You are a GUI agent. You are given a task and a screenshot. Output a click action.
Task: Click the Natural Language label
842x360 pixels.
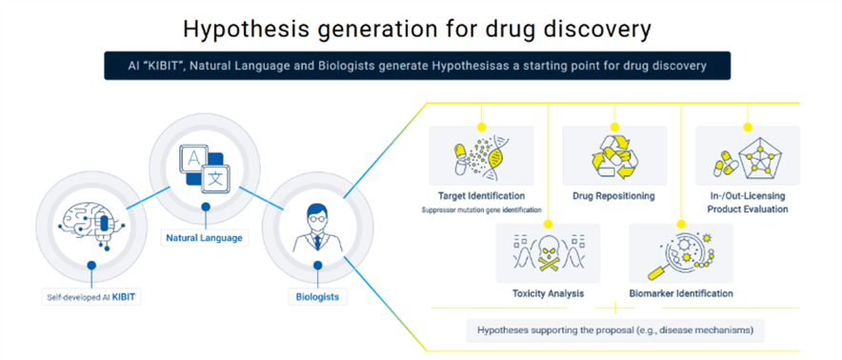click(x=204, y=237)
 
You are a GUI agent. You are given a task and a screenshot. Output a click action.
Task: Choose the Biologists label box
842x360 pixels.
click(x=317, y=296)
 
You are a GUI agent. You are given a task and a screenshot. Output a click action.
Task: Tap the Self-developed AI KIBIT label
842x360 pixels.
click(x=91, y=296)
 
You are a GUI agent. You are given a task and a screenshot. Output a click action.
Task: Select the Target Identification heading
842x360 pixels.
click(x=482, y=196)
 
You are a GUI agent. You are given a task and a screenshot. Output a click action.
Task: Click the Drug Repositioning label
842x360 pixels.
click(x=613, y=196)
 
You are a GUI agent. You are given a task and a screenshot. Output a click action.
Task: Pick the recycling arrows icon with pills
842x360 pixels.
click(x=614, y=155)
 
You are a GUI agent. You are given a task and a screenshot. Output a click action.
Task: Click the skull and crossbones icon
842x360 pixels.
click(x=548, y=253)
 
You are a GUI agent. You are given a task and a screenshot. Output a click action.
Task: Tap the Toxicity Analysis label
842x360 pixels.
click(x=548, y=294)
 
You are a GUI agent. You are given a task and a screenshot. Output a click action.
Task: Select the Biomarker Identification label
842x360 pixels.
click(x=681, y=294)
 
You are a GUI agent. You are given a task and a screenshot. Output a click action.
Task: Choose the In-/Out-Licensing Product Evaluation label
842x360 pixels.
click(x=748, y=203)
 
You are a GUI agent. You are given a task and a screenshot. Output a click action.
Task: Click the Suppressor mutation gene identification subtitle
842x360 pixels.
click(x=482, y=210)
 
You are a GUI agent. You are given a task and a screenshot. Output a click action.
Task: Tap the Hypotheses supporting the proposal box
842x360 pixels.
click(x=615, y=330)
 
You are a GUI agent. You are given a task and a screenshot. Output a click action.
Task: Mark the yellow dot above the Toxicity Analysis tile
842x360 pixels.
click(x=548, y=223)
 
